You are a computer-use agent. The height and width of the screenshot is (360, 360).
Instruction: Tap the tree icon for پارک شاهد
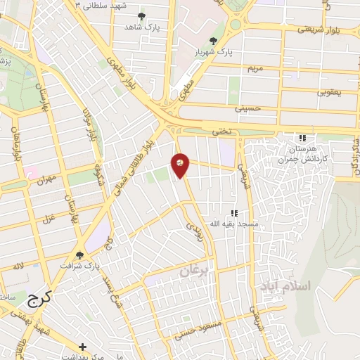pyautogui.click(x=143, y=15)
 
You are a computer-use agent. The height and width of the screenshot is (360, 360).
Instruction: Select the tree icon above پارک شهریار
pyautogui.click(x=213, y=40)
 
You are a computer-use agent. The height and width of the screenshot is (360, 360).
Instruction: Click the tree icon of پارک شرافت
pyautogui.click(x=79, y=255)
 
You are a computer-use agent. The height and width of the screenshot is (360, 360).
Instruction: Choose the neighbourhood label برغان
pyautogui.click(x=195, y=272)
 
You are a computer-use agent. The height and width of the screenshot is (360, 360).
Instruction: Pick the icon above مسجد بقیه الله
pyautogui.click(x=234, y=212)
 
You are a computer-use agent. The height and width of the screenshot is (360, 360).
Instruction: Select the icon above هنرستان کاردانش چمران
pyautogui.click(x=302, y=139)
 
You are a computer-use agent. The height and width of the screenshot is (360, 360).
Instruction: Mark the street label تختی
pyautogui.click(x=221, y=131)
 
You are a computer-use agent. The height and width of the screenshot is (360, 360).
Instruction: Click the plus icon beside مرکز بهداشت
pyautogui.click(x=82, y=347)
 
